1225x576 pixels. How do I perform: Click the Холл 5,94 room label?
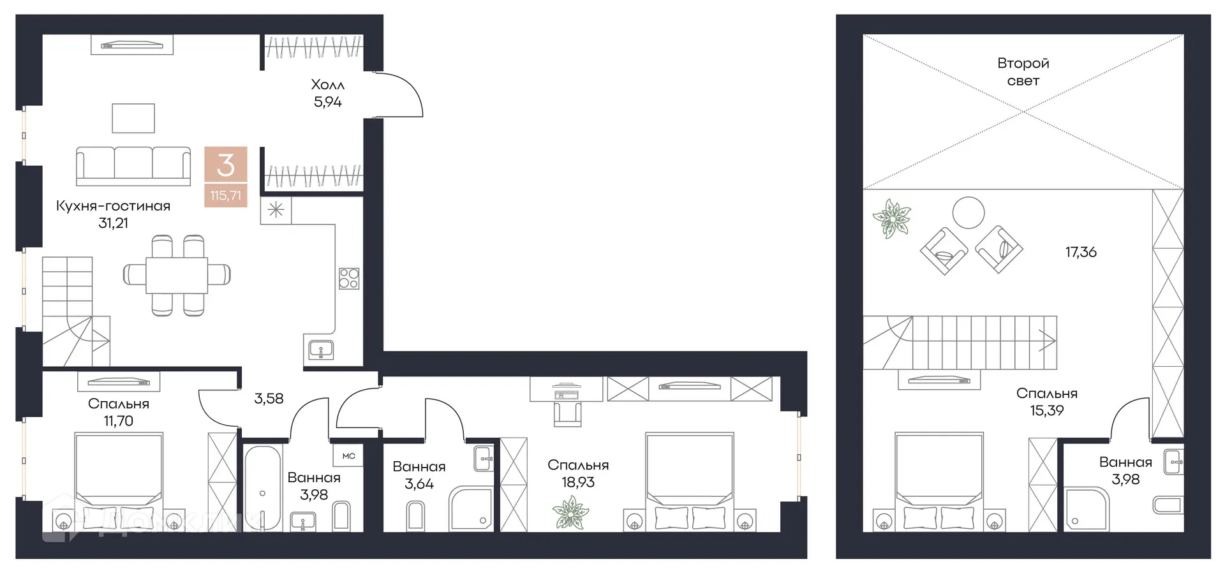click(327, 93)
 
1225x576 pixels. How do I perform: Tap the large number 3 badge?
click(225, 165)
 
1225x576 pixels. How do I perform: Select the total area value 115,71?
click(225, 196)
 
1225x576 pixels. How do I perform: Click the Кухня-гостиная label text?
click(113, 206)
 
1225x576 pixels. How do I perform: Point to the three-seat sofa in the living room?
click(133, 166)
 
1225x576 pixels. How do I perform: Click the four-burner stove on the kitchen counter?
click(348, 278)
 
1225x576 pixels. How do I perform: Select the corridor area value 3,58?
click(269, 399)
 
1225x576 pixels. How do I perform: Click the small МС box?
click(348, 456)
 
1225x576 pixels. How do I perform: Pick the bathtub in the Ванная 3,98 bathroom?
click(262, 488)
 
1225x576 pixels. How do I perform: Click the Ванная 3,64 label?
click(419, 475)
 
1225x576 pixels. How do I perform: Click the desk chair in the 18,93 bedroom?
click(567, 413)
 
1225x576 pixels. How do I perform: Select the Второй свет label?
click(1023, 72)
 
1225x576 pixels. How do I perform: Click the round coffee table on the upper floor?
click(968, 212)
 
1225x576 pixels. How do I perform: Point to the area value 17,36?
click(1081, 252)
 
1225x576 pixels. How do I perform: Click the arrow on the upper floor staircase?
click(1046, 341)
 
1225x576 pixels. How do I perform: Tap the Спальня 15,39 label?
click(1046, 402)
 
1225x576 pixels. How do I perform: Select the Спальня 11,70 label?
click(119, 412)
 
